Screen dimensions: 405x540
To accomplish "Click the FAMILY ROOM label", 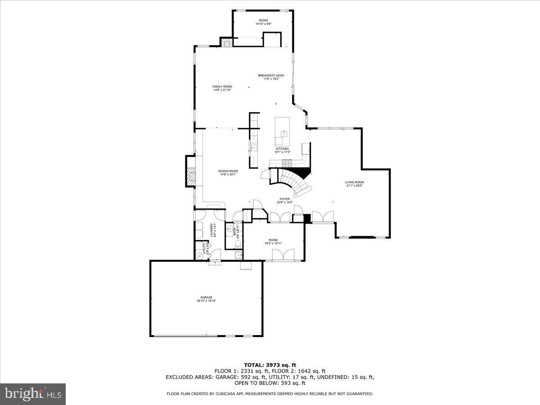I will coord(222,86).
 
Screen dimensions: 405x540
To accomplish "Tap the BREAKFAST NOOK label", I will coord(271,75).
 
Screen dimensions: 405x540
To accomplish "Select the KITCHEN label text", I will coord(282,148).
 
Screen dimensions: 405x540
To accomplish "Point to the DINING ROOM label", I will coord(228,171).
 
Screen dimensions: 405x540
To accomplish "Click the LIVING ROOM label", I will coord(354,182).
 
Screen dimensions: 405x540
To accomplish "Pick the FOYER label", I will coord(284,199).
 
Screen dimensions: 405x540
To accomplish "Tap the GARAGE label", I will coord(207,297).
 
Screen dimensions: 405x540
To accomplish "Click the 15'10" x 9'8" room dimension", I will coord(263,24).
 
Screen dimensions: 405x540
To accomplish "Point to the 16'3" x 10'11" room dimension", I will coord(273,243).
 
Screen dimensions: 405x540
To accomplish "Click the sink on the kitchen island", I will coord(283,133).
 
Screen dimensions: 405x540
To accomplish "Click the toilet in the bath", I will coord(238,243).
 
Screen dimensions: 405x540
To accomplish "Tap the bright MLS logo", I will coord(33,394).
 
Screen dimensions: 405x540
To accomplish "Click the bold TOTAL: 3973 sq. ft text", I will coord(270,365).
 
